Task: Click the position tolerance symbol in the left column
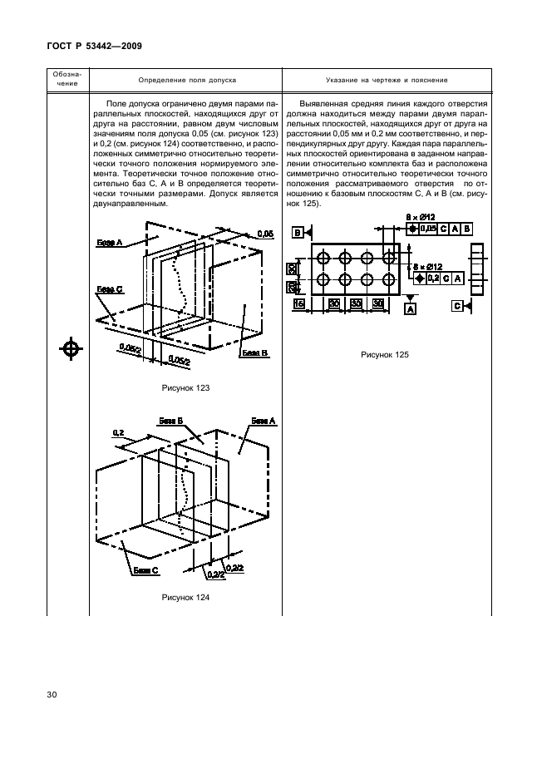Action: (71, 349)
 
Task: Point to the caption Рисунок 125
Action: (384, 355)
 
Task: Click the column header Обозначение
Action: (69, 80)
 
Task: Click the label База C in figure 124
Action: (145, 572)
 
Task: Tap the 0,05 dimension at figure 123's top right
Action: (265, 235)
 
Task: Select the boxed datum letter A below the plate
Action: (410, 308)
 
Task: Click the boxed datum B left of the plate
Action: (298, 232)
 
